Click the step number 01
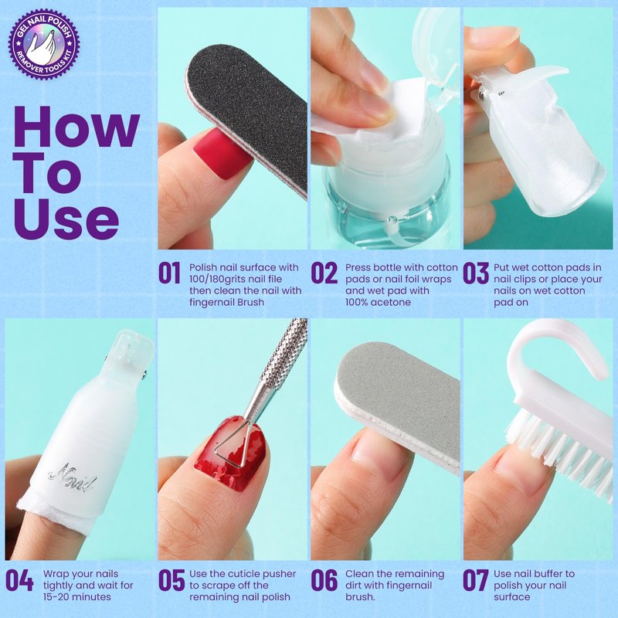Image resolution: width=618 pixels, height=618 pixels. pos(169,273)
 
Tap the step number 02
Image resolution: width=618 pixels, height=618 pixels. pos(324,273)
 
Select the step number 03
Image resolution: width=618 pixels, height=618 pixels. pos(476,273)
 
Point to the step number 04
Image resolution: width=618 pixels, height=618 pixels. pos(19,580)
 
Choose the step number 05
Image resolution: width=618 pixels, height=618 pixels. pos(171,580)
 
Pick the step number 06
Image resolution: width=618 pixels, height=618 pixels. pos(324,580)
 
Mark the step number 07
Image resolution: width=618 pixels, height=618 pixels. pos(475,580)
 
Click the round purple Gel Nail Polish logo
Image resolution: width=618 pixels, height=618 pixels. pos(44,44)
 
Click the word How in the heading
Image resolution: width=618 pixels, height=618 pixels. pos(76,127)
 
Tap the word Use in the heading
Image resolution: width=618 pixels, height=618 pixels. pos(66,218)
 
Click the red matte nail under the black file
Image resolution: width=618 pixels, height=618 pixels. pos(221,153)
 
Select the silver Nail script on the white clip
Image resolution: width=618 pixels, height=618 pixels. pos(72,477)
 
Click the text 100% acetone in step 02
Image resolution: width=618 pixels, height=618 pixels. pos(378,302)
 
